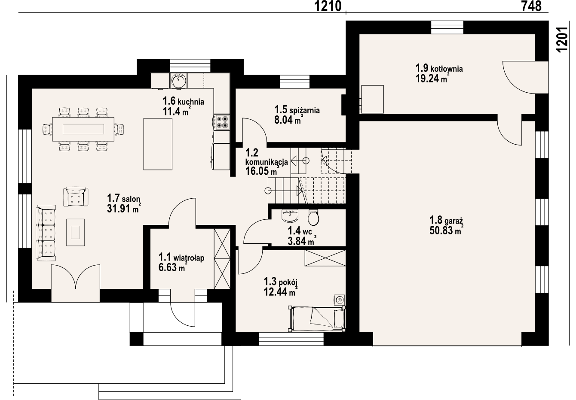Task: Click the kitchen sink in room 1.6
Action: click(x=179, y=80)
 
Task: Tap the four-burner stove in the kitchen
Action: click(x=222, y=122)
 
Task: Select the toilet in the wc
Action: click(x=314, y=218)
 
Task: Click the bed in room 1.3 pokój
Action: click(x=317, y=318)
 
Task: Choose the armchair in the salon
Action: click(x=76, y=197)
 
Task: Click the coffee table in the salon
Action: click(x=75, y=232)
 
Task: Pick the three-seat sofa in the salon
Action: click(x=46, y=233)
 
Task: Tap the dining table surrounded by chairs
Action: click(x=83, y=129)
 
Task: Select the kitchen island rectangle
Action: click(x=158, y=144)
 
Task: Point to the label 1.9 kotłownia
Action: click(x=439, y=68)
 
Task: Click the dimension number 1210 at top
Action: click(x=328, y=6)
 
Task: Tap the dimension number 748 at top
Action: click(x=531, y=6)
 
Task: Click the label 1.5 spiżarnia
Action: click(x=297, y=110)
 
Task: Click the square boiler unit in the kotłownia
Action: click(x=372, y=99)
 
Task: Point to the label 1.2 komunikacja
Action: click(x=266, y=157)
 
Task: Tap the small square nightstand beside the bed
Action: click(x=339, y=300)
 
